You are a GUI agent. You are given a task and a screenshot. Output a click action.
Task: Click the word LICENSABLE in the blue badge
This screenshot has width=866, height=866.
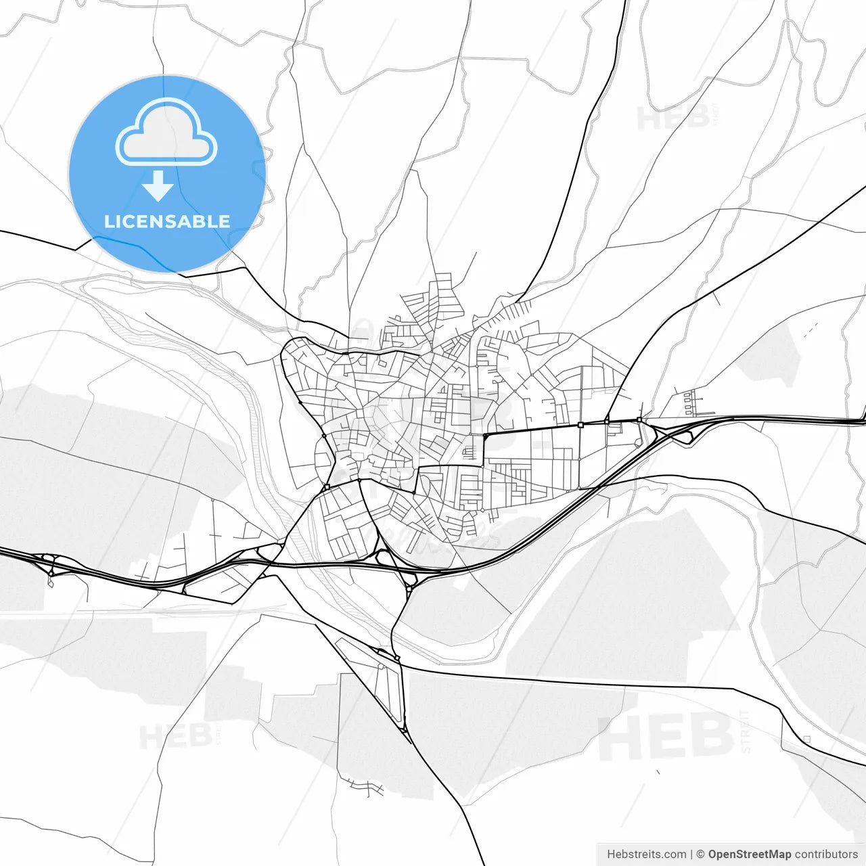[166, 221]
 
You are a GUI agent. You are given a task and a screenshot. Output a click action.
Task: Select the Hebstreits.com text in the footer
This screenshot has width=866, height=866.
[646, 854]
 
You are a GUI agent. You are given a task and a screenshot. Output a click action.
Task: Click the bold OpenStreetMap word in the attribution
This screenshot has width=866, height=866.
[749, 854]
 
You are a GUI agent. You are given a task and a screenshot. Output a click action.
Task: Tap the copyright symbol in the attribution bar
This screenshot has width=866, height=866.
[700, 854]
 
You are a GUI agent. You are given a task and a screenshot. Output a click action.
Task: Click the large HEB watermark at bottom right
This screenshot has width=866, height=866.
[666, 736]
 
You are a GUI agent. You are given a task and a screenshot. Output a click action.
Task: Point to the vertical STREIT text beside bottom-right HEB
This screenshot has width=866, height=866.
[746, 731]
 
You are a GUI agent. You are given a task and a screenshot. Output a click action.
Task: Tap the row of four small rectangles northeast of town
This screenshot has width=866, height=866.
[689, 403]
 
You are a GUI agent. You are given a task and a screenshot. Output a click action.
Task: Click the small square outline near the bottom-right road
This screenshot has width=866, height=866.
[806, 739]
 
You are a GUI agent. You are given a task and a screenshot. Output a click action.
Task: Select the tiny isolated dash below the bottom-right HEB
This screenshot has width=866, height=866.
[658, 771]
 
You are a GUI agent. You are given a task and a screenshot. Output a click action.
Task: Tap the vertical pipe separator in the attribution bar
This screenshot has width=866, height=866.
[691, 854]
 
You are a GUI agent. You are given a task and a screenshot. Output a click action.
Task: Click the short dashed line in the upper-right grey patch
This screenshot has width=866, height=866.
[811, 330]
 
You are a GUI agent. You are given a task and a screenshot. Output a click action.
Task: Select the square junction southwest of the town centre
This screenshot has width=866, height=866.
[327, 486]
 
